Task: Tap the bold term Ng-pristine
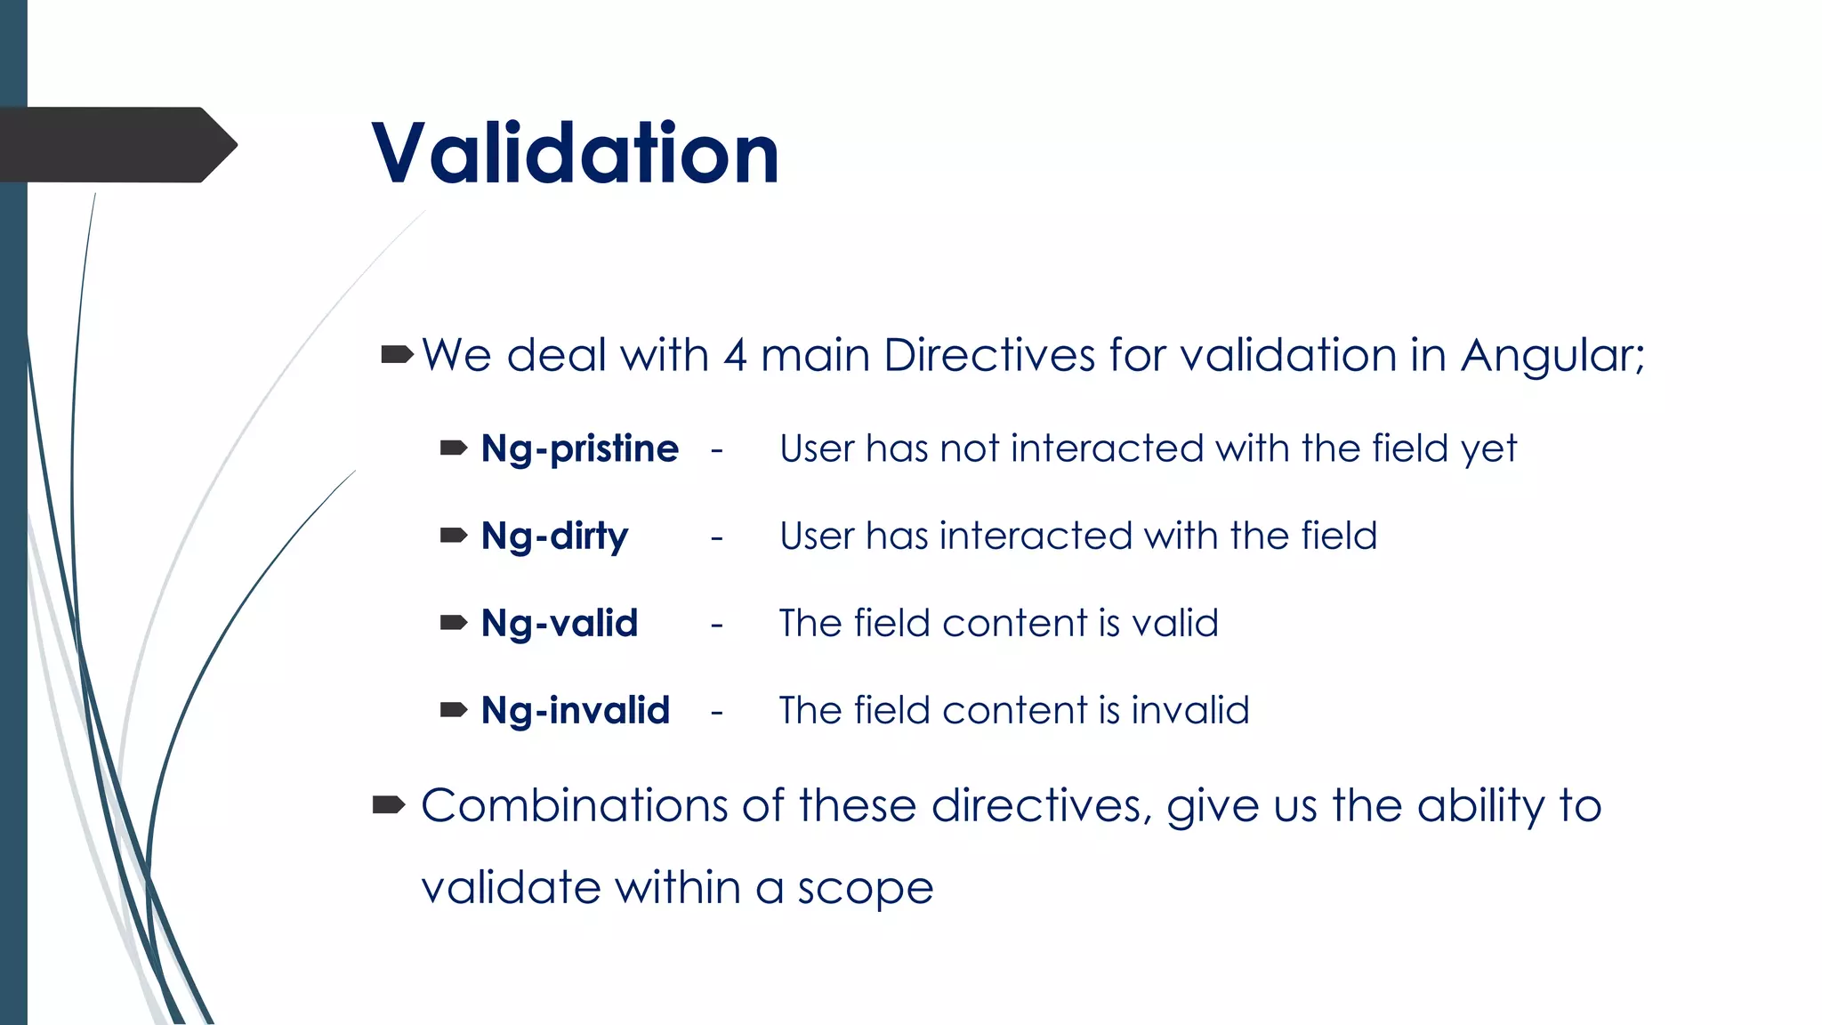click(579, 448)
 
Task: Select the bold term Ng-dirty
click(554, 536)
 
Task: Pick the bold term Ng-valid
click(559, 623)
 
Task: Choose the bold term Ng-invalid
click(575, 710)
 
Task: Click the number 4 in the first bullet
click(735, 355)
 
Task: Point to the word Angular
click(1552, 355)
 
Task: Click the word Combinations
click(574, 806)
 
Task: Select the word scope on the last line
click(865, 888)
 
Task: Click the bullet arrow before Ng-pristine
click(454, 448)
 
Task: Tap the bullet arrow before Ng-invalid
click(454, 709)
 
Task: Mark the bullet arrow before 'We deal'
click(397, 355)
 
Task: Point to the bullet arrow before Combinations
click(389, 806)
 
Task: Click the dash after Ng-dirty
click(716, 538)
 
